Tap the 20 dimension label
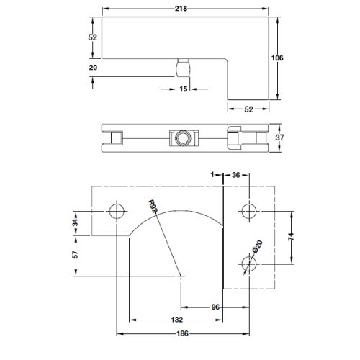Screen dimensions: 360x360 tap(92, 67)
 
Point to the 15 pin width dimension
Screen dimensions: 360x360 tap(183, 89)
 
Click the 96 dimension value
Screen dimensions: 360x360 tap(215, 307)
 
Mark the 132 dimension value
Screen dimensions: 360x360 tap(176, 319)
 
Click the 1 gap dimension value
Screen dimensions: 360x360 tap(214, 175)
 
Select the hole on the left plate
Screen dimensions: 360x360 tap(115, 211)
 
